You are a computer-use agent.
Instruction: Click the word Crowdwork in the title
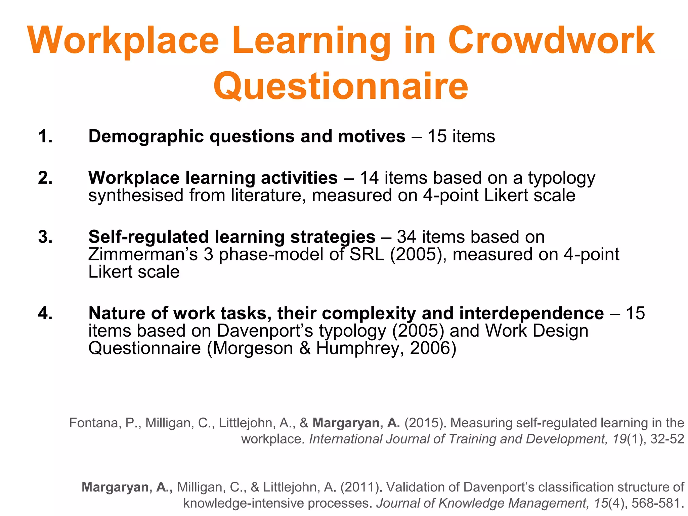[x=551, y=41]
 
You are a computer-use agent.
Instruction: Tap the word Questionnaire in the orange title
[x=341, y=87]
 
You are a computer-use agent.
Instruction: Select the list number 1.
[x=45, y=137]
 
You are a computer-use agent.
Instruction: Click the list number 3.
[x=45, y=237]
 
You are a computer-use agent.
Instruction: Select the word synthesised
[x=136, y=196]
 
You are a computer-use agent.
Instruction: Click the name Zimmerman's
[x=143, y=254]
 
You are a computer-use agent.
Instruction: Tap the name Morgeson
[x=253, y=348]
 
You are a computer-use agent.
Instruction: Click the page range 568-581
[x=657, y=503]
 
